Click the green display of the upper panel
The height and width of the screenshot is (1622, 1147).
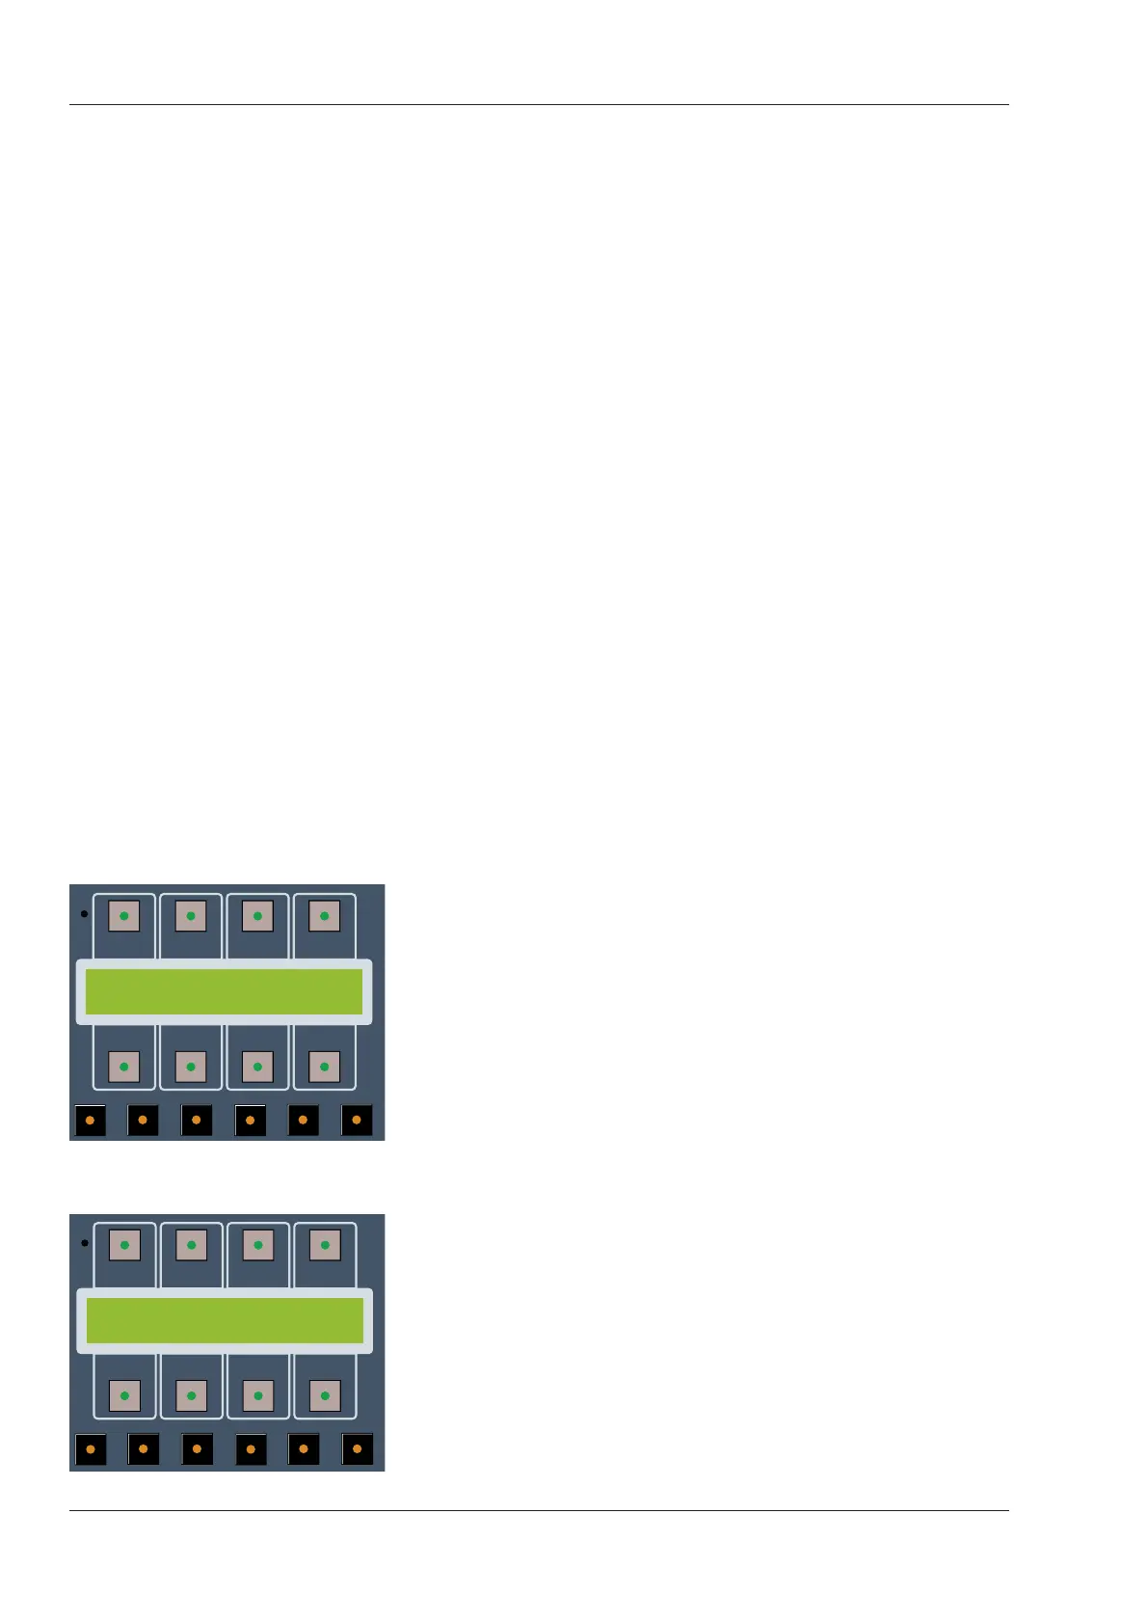(x=224, y=991)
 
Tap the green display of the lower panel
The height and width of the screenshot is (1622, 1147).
(x=225, y=1320)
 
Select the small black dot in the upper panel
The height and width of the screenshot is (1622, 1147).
(x=84, y=913)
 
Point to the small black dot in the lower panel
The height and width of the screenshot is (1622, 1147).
(x=85, y=1243)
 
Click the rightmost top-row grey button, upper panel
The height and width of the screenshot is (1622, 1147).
(x=324, y=916)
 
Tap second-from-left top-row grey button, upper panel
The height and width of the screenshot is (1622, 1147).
(x=191, y=916)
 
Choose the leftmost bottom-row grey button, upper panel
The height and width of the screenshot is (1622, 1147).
(x=123, y=1067)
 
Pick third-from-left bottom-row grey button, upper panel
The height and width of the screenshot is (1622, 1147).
(x=257, y=1067)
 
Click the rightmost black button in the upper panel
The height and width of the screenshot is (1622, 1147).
(x=357, y=1121)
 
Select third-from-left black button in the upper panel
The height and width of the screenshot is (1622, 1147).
(x=197, y=1121)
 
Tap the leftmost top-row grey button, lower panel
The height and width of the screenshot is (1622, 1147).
(x=124, y=1245)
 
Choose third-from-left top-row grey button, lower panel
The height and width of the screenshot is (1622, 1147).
(x=258, y=1245)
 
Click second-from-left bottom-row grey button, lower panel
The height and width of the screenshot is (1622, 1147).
(x=191, y=1395)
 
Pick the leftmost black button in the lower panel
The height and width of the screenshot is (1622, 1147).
(x=91, y=1449)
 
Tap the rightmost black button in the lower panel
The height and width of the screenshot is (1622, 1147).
(x=358, y=1449)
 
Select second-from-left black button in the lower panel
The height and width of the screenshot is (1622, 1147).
(x=144, y=1449)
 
